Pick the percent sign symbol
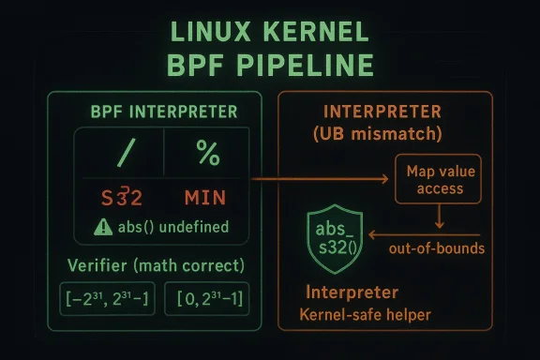[207, 152]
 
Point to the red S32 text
[119, 198]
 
